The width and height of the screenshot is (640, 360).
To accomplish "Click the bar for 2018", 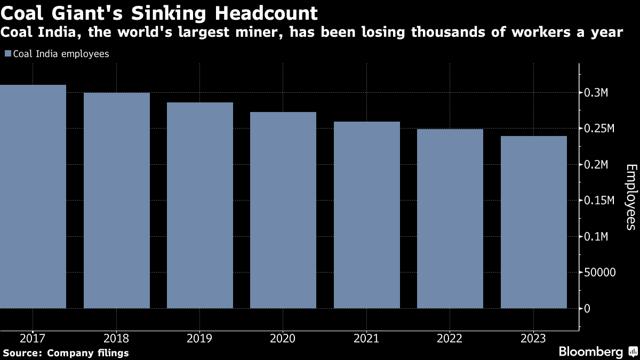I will tap(117, 201).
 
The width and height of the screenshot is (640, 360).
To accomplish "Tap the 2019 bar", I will tap(200, 205).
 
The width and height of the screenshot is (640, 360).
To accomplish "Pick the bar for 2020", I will tap(283, 210).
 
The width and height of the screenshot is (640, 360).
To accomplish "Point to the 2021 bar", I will tap(367, 215).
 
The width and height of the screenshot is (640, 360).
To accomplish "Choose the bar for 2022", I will tap(450, 219).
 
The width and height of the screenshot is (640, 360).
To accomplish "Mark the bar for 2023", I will tap(534, 222).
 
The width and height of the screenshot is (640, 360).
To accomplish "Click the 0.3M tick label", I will tap(596, 93).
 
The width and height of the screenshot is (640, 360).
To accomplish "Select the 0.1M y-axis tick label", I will tap(596, 237).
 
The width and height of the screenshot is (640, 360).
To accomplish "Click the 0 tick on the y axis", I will tap(587, 309).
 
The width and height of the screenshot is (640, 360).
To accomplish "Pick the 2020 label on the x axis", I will tap(283, 338).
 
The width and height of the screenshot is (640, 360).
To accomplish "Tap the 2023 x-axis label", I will tap(534, 338).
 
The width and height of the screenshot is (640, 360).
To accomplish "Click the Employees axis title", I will tap(630, 197).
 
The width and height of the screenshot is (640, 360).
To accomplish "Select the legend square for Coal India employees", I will tap(7, 54).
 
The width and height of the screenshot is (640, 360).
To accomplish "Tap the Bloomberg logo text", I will tap(591, 351).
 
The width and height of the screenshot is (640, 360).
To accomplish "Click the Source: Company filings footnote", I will tap(66, 353).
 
